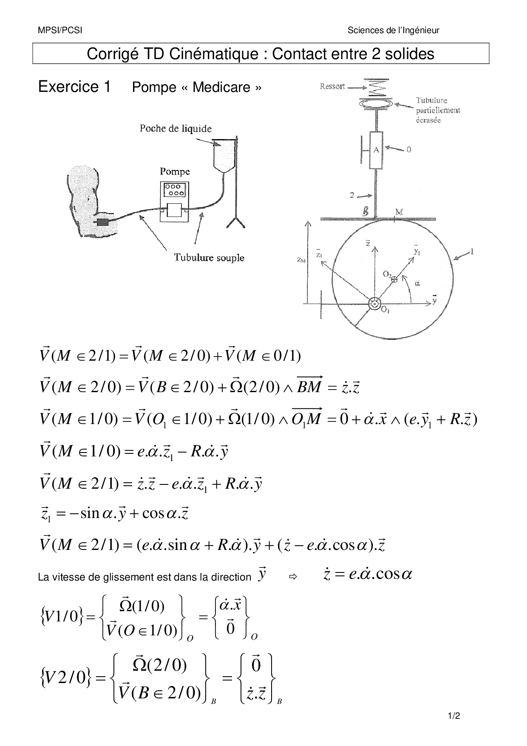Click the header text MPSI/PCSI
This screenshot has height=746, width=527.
[x=59, y=30]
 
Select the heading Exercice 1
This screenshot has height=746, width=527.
[x=74, y=86]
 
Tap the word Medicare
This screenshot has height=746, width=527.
[x=221, y=87]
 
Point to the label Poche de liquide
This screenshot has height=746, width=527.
[x=176, y=128]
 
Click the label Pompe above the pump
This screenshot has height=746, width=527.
[x=175, y=171]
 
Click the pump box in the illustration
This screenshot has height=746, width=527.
[x=174, y=202]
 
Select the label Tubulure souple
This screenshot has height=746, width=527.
[x=209, y=257]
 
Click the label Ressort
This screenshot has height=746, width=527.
[x=332, y=86]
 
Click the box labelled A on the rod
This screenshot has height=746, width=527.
[x=376, y=150]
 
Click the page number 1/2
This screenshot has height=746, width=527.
[x=454, y=716]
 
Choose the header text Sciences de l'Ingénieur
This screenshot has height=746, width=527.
[x=393, y=30]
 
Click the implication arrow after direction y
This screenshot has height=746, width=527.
[x=292, y=577]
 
